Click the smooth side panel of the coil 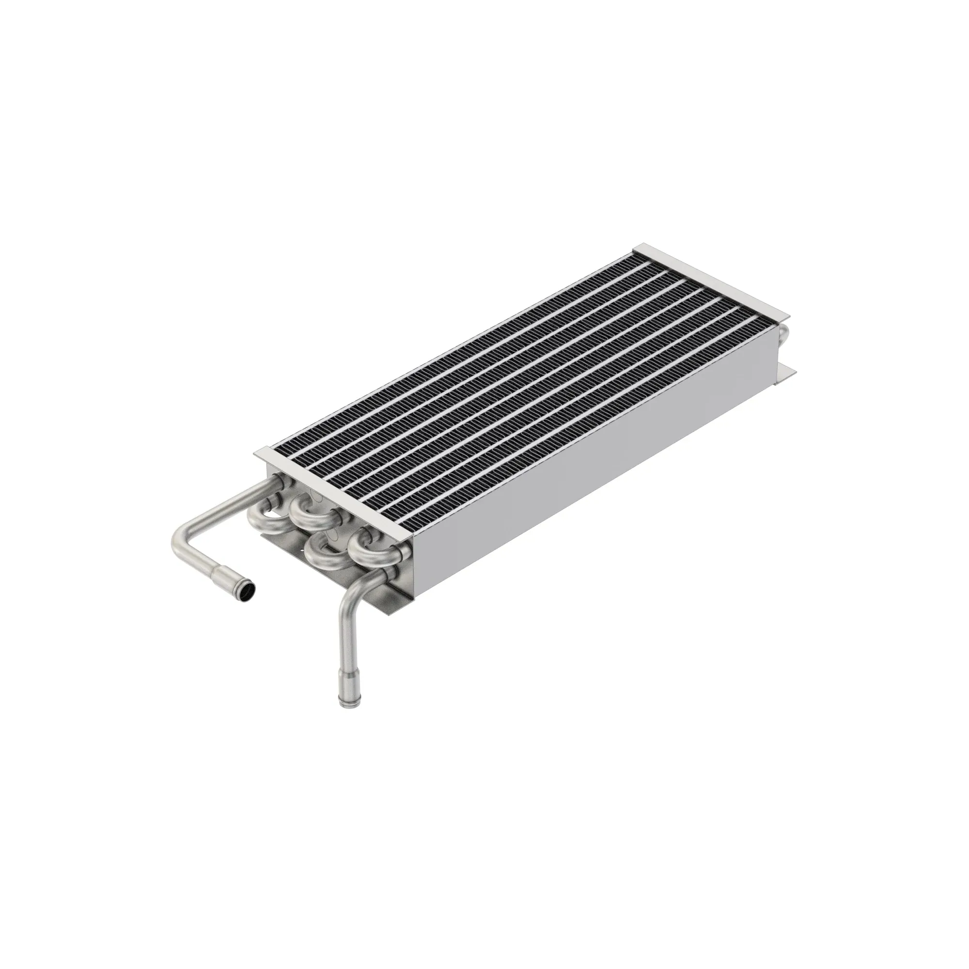(602, 452)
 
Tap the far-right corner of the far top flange (789, 315)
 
